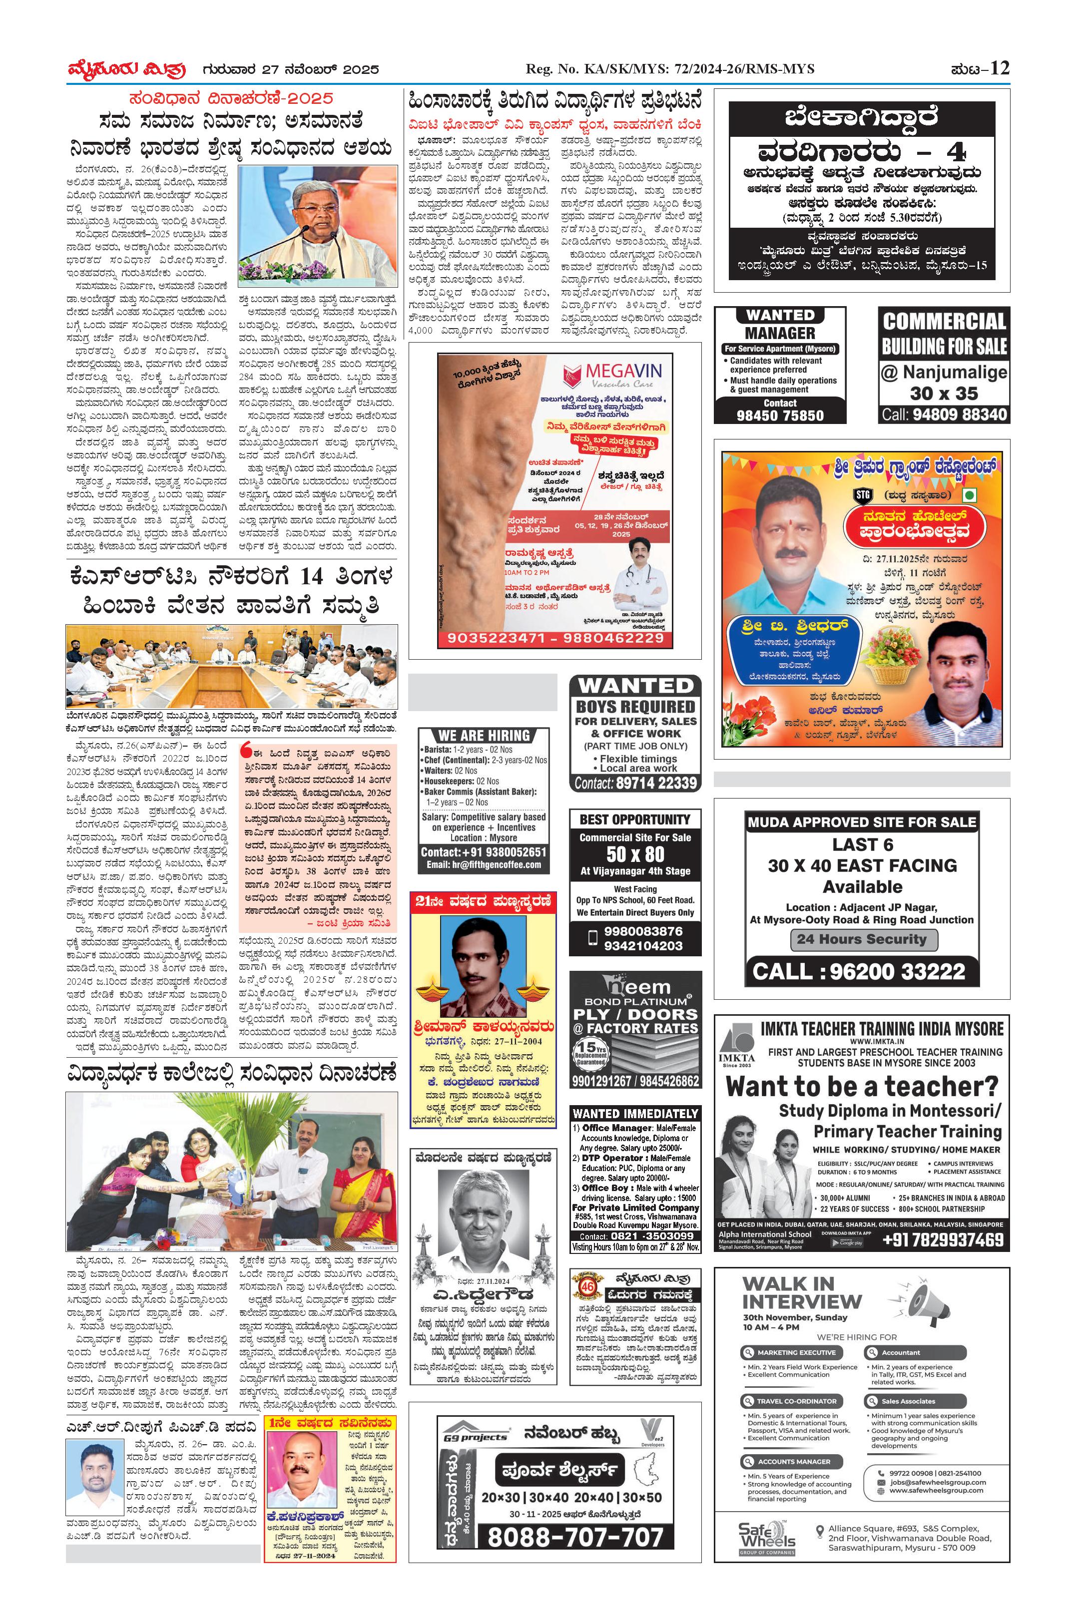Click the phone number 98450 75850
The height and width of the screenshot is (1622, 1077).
[780, 415]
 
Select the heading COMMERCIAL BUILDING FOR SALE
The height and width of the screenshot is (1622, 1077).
[944, 333]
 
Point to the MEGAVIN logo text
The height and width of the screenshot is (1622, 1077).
[623, 372]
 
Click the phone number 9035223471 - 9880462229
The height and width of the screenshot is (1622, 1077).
[555, 638]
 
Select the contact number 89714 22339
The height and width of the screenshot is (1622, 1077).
[635, 783]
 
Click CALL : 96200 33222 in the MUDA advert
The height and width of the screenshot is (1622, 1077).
[859, 971]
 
